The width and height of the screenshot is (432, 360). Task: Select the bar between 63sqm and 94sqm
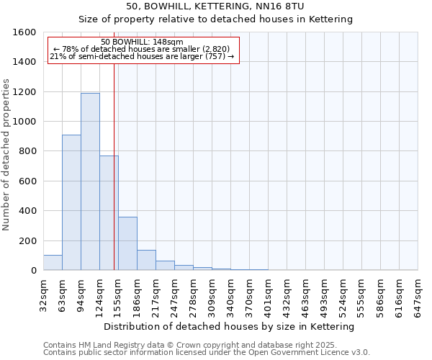71,202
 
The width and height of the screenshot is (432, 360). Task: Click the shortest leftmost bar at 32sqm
53,263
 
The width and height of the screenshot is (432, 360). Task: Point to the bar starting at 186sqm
146,260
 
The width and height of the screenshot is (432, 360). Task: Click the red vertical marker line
114,166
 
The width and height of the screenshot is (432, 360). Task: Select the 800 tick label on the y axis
27,151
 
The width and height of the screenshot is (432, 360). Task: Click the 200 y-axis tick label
27,240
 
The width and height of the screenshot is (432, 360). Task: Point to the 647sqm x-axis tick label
418,296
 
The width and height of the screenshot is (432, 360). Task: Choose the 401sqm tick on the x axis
269,296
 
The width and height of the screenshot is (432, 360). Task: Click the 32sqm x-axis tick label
44,296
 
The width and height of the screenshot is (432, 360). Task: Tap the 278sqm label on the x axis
194,296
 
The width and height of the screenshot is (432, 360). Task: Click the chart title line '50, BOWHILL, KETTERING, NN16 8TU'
215,6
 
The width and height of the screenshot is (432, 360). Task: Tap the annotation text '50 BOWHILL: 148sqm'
143,42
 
